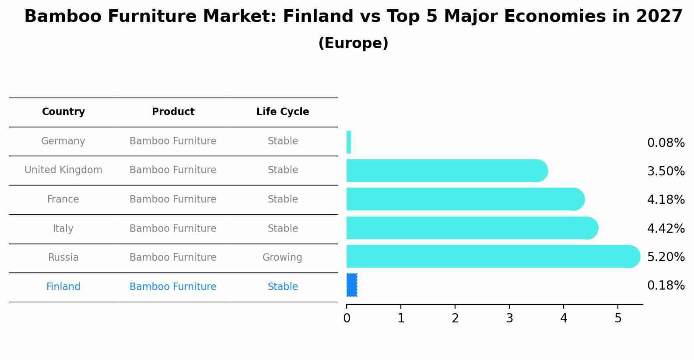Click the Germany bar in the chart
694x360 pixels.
tap(349, 142)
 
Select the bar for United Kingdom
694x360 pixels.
tap(447, 171)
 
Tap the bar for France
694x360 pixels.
tap(465, 199)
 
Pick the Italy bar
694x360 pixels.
tap(472, 228)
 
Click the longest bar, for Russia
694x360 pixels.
tap(493, 256)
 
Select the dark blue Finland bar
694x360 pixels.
tap(352, 285)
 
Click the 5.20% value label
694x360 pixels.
tap(666, 257)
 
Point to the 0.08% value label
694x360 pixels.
tap(666, 143)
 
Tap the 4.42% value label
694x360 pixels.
tap(666, 228)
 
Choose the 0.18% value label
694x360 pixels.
tap(666, 285)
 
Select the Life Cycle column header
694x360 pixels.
tap(283, 112)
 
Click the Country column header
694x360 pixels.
tap(63, 112)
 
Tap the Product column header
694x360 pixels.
tap(173, 112)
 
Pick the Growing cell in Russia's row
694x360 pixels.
tap(282, 258)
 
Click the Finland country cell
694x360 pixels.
tap(63, 287)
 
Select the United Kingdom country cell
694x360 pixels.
tap(63, 170)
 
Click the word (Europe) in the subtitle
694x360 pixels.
tap(353, 43)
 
